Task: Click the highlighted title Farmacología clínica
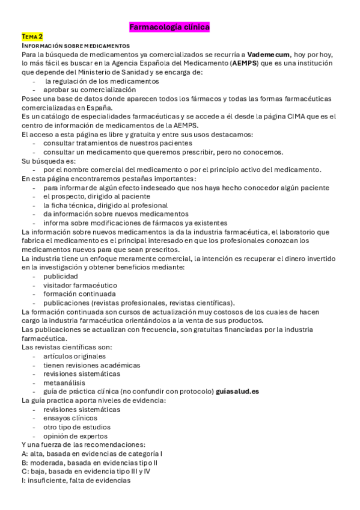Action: coord(169,27)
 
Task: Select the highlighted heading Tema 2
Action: coord(32,37)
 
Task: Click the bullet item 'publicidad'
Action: coord(60,276)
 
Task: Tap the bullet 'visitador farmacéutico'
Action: coord(80,285)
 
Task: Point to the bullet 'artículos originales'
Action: coord(74,356)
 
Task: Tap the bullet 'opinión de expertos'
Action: coord(75,436)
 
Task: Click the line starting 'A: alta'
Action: coord(91,453)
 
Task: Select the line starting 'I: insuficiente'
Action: coord(75,481)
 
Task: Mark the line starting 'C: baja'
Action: coord(85,472)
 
